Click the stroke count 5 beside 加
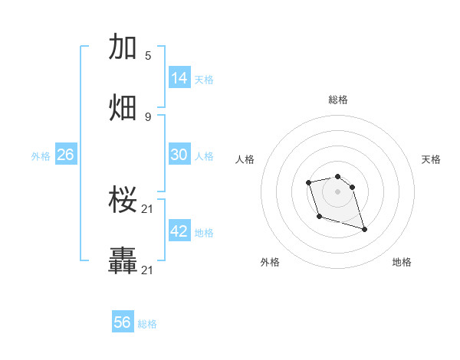pyautogui.click(x=148, y=55)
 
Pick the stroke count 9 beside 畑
pyautogui.click(x=148, y=116)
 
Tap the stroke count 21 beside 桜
pyautogui.click(x=148, y=209)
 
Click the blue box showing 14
pyautogui.click(x=179, y=78)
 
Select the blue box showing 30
pyautogui.click(x=179, y=155)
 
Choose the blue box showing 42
pyautogui.click(x=179, y=231)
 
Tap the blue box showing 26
pyautogui.click(x=65, y=155)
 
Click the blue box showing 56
pyautogui.click(x=123, y=322)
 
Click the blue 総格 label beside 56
pyautogui.click(x=147, y=324)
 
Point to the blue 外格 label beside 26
pyautogui.click(x=41, y=156)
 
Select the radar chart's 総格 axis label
pyautogui.click(x=338, y=100)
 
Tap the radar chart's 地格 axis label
pyautogui.click(x=402, y=262)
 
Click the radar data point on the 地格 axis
pyautogui.click(x=364, y=229)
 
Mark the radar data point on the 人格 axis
pyautogui.click(x=308, y=182)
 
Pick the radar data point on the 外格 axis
pyautogui.click(x=319, y=217)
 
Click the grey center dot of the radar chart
pyautogui.click(x=337, y=191)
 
